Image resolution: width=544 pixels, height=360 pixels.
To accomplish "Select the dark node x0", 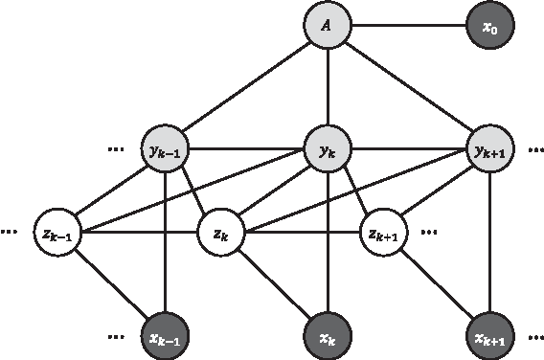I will pyautogui.click(x=490, y=27).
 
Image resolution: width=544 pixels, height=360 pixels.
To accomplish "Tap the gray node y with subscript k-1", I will pyautogui.click(x=165, y=150).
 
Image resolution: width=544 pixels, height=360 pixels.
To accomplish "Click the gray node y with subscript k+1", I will pyautogui.click(x=490, y=150).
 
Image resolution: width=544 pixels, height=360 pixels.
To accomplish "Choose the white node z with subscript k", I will pyautogui.click(x=220, y=231).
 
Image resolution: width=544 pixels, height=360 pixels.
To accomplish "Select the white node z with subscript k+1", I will pyautogui.click(x=382, y=231).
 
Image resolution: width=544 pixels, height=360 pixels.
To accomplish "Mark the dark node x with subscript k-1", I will pyautogui.click(x=165, y=337).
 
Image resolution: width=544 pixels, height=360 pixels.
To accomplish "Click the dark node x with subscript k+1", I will pyautogui.click(x=490, y=337).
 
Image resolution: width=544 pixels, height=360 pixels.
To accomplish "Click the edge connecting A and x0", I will pyautogui.click(x=409, y=27).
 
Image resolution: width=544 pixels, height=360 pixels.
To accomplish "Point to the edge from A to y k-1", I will pyautogui.click(x=246, y=89).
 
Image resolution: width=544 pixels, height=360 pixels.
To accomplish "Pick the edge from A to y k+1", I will pyautogui.click(x=410, y=89).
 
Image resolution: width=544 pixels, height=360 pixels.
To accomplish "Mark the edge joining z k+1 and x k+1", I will pyautogui.click(x=436, y=283).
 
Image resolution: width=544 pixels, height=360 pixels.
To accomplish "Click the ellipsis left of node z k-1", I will pyautogui.click(x=11, y=231).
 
